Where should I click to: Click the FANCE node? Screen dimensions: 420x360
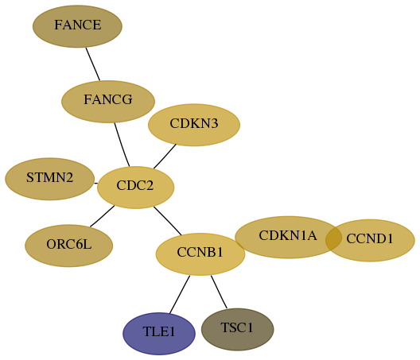pos(77,26)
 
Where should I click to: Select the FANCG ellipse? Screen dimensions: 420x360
pos(108,102)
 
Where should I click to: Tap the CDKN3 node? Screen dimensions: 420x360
pos(194,125)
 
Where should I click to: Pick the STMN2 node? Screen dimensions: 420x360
pos(50,179)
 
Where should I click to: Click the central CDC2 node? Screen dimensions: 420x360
pos(135,188)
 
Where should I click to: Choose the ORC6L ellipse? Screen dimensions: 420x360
pos(69,246)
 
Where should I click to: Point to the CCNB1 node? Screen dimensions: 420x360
pos(200,254)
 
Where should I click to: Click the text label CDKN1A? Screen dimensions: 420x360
pos(288,235)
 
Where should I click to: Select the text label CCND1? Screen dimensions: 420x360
pos(370,238)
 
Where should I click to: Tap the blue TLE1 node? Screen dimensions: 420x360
pos(159,334)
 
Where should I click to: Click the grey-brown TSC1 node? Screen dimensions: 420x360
pos(238,329)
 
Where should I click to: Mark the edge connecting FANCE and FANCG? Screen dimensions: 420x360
pos(93,64)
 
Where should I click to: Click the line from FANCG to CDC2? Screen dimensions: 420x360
pos(122,145)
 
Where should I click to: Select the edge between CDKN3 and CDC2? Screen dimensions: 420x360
pos(165,157)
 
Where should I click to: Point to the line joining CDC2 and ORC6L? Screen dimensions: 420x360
pos(103,216)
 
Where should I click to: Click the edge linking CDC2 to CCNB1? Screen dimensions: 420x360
pos(167,221)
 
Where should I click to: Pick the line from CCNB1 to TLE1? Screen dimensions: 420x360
pos(180,294)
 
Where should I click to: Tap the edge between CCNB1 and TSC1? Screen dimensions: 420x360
pos(219,292)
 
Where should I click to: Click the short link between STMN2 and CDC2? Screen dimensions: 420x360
pos(96,184)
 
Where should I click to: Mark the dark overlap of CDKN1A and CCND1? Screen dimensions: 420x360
pos(334,238)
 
